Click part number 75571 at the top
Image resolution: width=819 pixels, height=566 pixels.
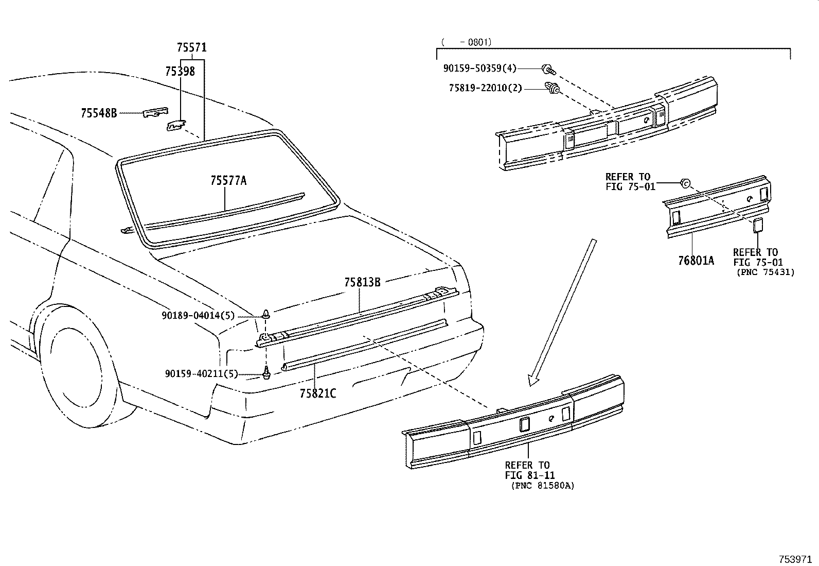click(191, 48)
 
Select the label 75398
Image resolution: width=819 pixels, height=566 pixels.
click(180, 72)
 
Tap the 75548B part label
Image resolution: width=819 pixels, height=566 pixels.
click(99, 113)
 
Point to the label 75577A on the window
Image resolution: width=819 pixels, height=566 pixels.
click(228, 181)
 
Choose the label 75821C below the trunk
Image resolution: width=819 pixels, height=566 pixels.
click(317, 394)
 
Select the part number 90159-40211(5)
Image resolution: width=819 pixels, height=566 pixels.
click(202, 374)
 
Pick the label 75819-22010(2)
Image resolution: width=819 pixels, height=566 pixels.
click(485, 88)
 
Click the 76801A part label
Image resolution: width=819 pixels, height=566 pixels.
click(696, 261)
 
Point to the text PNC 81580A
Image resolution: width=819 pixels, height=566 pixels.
click(543, 486)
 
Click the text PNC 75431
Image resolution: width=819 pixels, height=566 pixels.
click(765, 272)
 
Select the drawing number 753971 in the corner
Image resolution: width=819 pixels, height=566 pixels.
click(796, 559)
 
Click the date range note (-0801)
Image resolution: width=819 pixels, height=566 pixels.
click(466, 42)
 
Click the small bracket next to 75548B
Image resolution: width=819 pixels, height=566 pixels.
click(155, 112)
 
